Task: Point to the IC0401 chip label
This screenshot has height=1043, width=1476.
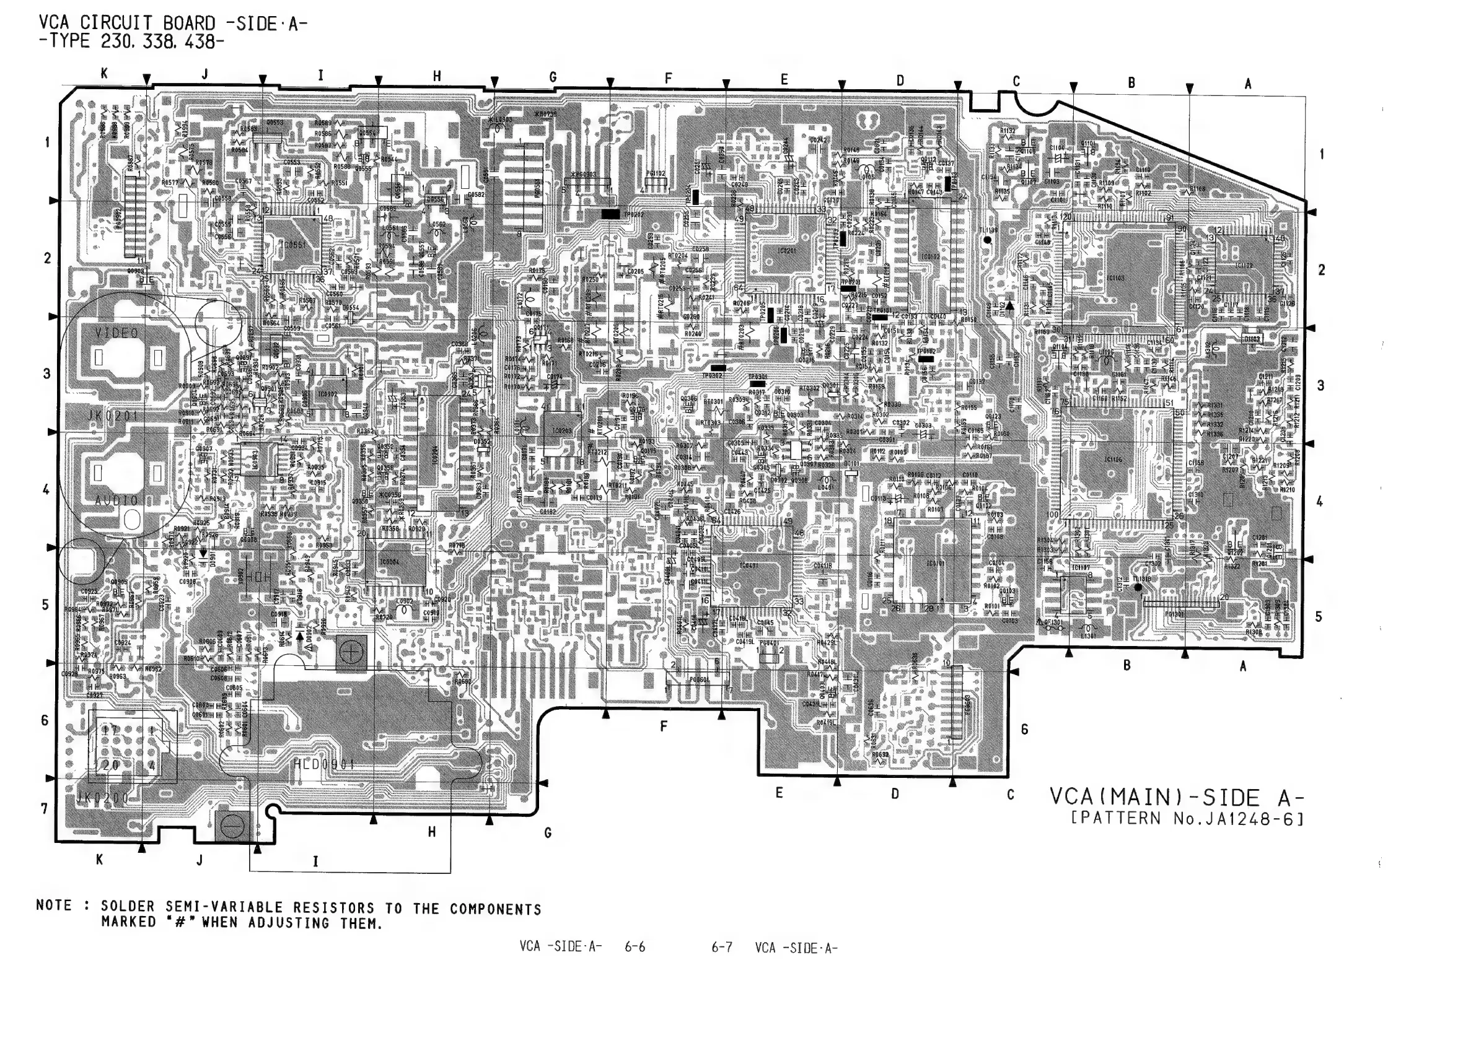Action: point(749,565)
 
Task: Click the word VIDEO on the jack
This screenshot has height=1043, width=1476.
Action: point(116,333)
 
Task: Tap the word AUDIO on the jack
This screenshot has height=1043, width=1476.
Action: point(116,500)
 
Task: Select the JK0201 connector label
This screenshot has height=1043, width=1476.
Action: point(113,416)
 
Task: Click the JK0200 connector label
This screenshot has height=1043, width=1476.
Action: point(103,798)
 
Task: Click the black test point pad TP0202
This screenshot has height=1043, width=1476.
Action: point(611,214)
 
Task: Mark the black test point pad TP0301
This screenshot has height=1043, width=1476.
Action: point(757,383)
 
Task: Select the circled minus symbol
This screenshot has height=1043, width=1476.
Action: point(232,827)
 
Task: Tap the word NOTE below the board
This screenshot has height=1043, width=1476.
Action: point(54,905)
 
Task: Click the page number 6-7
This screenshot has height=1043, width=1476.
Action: point(721,947)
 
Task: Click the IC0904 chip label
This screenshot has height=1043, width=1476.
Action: point(389,561)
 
